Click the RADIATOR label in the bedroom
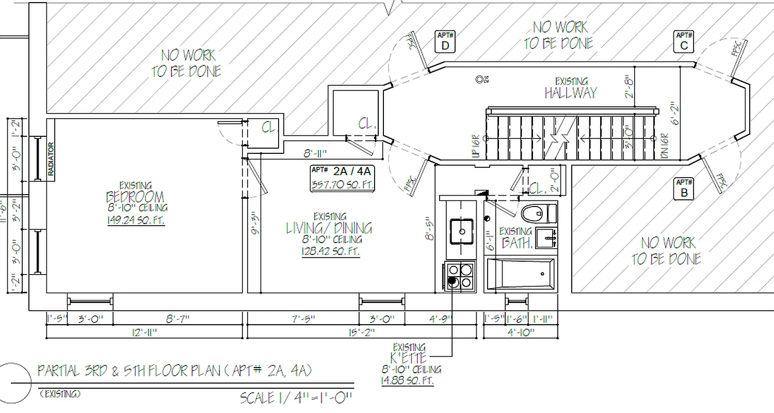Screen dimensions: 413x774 pyautogui.click(x=51, y=160)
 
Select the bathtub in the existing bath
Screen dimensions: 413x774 pyautogui.click(x=521, y=274)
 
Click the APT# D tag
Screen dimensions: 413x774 pyautogui.click(x=445, y=42)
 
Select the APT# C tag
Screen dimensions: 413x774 pyautogui.click(x=684, y=42)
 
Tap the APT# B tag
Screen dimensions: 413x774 pyautogui.click(x=684, y=188)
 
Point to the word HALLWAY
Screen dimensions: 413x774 pyautogui.click(x=570, y=93)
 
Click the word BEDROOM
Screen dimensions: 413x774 pyautogui.click(x=135, y=197)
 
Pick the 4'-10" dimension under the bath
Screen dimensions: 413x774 pyautogui.click(x=520, y=331)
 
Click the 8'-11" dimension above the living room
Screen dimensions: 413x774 pyautogui.click(x=314, y=153)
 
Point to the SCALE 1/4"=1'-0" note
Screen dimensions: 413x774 pyautogui.click(x=296, y=398)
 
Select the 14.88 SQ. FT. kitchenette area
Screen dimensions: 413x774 pyautogui.click(x=408, y=381)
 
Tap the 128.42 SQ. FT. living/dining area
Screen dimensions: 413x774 pyautogui.click(x=331, y=251)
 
